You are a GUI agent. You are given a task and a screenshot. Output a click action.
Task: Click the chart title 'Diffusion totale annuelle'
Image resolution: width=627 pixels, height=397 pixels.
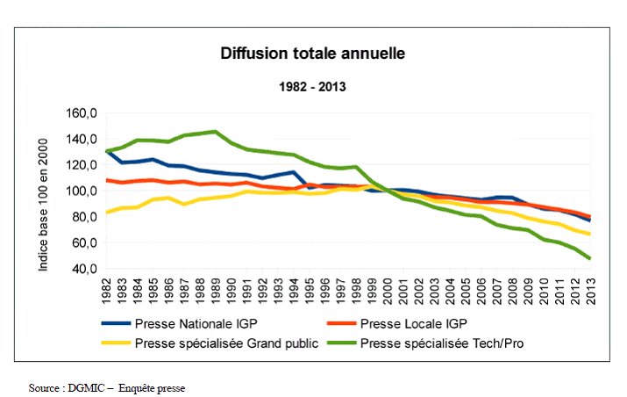(x=311, y=54)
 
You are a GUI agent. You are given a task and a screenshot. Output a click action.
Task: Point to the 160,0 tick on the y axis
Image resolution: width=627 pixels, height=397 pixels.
(x=80, y=113)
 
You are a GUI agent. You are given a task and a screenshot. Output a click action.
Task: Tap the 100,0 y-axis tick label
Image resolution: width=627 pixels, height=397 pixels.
(x=80, y=191)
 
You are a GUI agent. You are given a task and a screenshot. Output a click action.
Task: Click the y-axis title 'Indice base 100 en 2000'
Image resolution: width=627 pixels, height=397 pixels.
(x=44, y=190)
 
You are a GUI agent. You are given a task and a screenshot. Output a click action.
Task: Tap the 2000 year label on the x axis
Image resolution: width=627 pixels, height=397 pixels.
(x=388, y=289)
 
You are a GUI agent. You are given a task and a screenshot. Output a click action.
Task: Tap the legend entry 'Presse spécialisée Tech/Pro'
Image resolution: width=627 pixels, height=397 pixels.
(x=443, y=343)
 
